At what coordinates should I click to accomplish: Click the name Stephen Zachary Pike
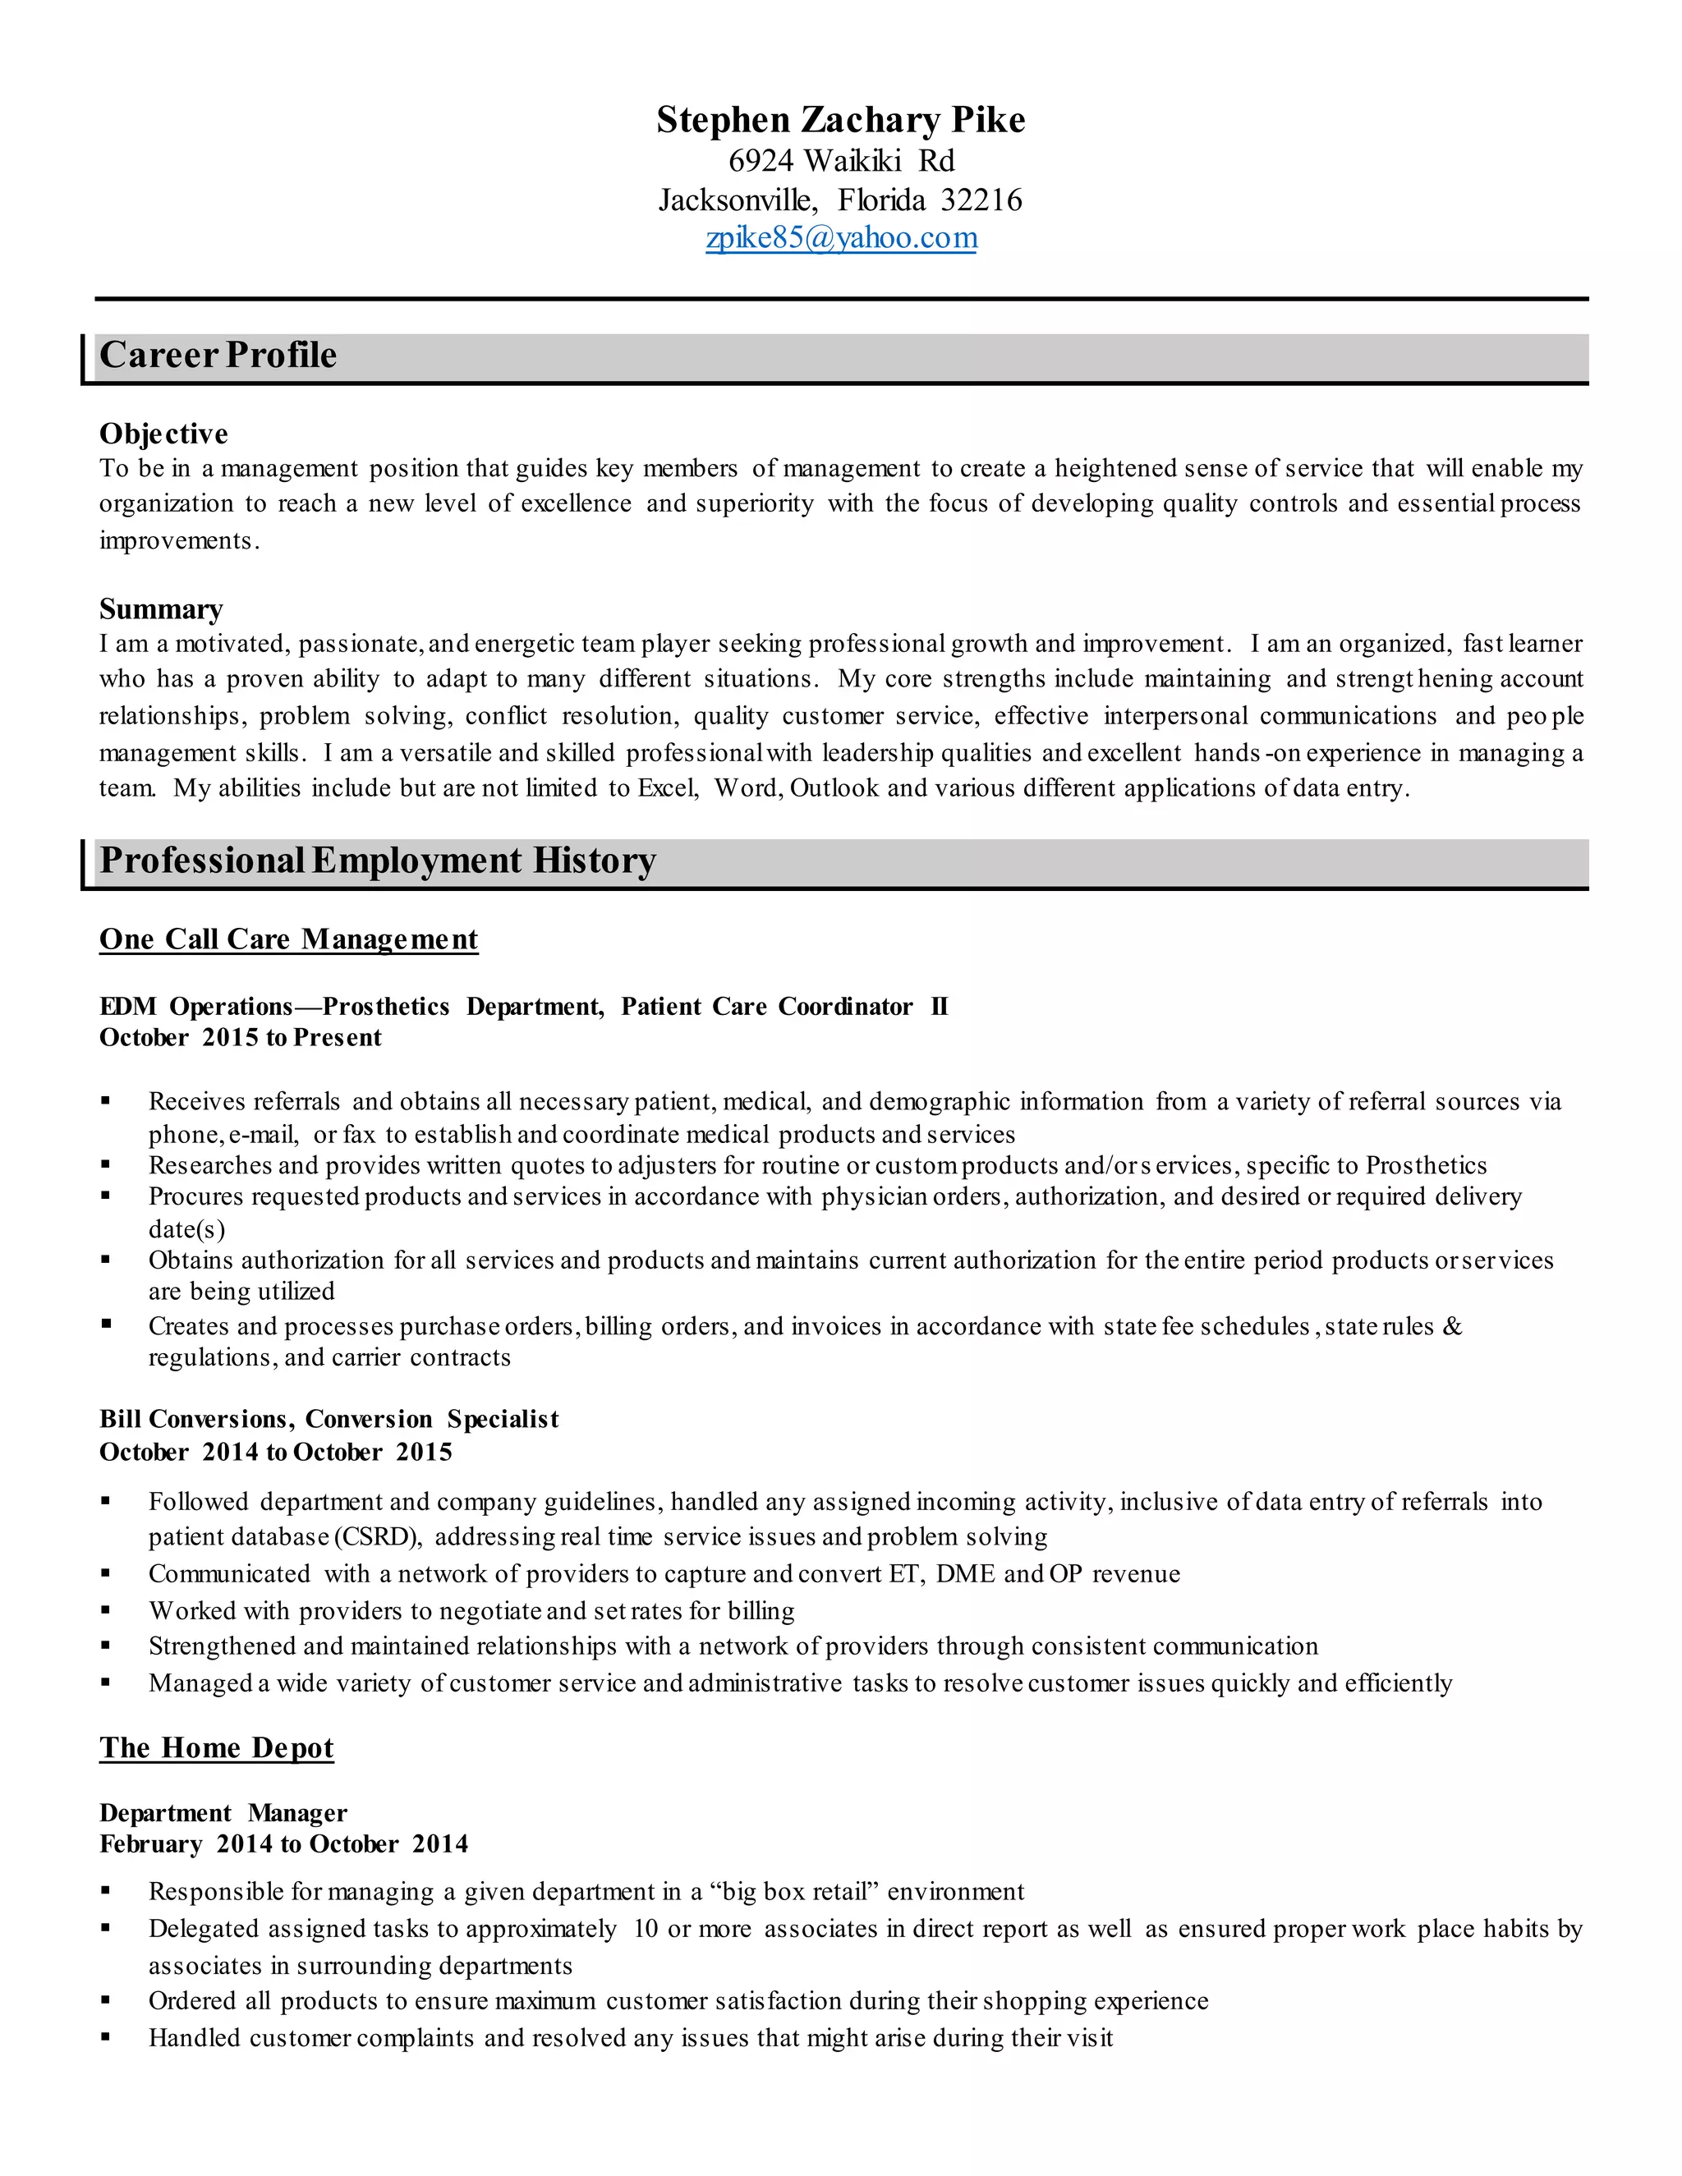click(x=840, y=121)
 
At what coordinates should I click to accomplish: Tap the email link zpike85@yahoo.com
click(x=840, y=238)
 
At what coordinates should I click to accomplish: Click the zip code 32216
click(x=981, y=200)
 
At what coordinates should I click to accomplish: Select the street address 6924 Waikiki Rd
click(x=840, y=160)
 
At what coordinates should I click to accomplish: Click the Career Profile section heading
click(x=218, y=356)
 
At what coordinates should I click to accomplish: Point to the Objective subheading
click(x=163, y=434)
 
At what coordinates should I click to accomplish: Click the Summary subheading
click(x=160, y=608)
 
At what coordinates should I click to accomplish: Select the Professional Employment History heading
click(x=378, y=861)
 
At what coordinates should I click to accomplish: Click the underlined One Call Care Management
click(x=288, y=939)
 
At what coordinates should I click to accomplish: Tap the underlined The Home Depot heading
click(x=216, y=1747)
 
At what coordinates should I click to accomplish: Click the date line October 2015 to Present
click(x=240, y=1038)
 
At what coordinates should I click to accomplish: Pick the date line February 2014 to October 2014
click(x=283, y=1844)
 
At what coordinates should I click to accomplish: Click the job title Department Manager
click(x=223, y=1812)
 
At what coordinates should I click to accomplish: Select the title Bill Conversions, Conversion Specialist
click(x=329, y=1419)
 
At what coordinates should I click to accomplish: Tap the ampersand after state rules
click(x=1452, y=1326)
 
